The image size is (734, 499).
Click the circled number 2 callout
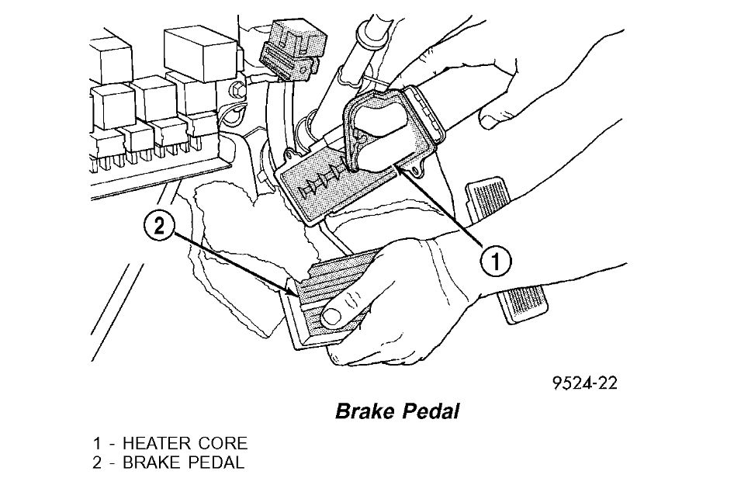(x=159, y=227)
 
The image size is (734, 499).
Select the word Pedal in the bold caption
(x=431, y=411)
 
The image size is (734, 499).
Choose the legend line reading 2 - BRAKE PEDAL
(x=168, y=463)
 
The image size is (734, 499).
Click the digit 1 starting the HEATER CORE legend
(x=96, y=444)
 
